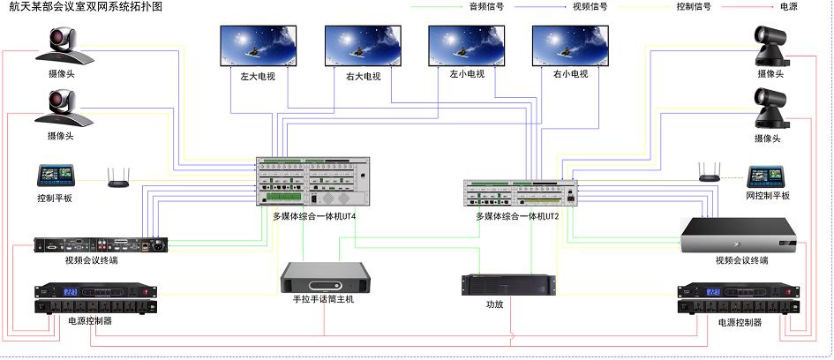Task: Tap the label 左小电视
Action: (467, 74)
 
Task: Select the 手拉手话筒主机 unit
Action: (323, 278)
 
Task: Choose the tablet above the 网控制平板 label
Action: (767, 176)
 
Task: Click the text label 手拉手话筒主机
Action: (323, 300)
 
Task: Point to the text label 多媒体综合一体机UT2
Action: (518, 216)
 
